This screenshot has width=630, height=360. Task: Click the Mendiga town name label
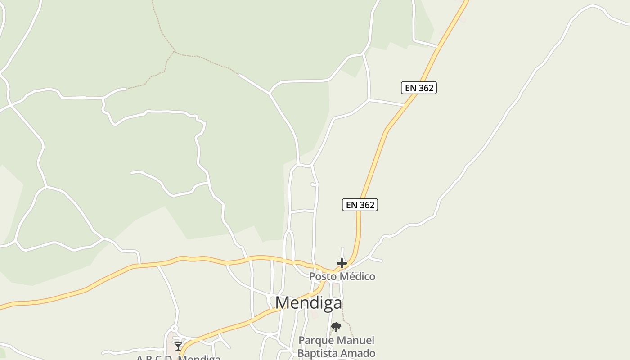pos(309,303)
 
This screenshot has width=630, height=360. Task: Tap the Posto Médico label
pos(342,276)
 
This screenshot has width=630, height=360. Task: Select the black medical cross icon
pos(342,263)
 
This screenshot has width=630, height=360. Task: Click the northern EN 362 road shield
pos(419,88)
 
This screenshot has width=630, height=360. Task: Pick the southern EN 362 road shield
pos(360,205)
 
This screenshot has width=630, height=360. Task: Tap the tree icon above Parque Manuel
pos(336,327)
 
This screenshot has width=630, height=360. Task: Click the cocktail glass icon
pos(178,346)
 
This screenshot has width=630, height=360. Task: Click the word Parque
pos(316,341)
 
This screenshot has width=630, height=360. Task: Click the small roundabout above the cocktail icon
pos(175,329)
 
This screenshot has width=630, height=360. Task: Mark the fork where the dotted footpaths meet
pos(174,51)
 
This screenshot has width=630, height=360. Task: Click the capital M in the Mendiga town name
pos(283,303)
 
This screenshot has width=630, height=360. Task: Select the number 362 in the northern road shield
pos(426,88)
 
